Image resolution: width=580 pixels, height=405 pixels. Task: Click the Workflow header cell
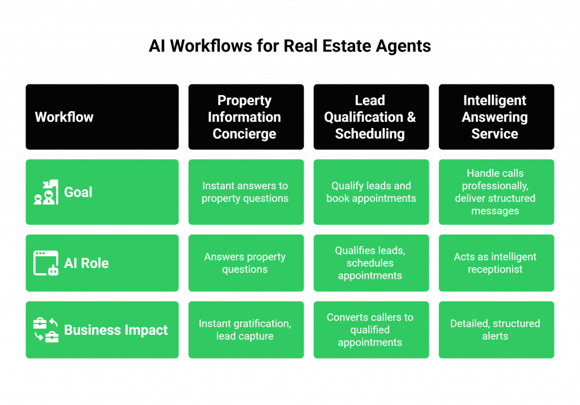tap(102, 117)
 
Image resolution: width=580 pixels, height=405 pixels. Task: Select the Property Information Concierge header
tap(245, 117)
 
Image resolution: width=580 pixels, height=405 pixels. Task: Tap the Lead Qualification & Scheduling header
tap(370, 117)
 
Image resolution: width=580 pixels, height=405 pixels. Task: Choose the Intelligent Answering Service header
tap(496, 117)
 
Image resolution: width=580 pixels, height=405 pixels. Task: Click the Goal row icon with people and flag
tap(46, 192)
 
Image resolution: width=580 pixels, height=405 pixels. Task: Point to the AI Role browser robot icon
tap(46, 263)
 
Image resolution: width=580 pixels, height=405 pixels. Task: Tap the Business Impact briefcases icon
tap(46, 330)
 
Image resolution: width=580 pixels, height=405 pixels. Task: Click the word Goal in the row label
tap(78, 192)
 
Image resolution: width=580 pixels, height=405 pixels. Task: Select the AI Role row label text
tap(86, 263)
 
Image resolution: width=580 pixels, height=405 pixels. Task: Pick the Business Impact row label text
tap(116, 330)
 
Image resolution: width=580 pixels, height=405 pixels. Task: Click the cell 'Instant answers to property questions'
tap(245, 192)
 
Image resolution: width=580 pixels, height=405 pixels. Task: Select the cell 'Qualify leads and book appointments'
tap(370, 192)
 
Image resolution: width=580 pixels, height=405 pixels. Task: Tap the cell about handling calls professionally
tap(496, 192)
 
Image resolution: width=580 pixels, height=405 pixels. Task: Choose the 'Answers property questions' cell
tap(245, 263)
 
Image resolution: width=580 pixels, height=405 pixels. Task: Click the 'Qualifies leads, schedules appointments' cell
tap(370, 263)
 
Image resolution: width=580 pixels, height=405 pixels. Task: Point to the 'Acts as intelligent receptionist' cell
tap(496, 263)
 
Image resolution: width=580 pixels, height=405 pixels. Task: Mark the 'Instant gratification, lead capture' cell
tap(245, 330)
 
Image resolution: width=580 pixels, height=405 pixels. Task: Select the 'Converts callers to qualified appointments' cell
tap(370, 330)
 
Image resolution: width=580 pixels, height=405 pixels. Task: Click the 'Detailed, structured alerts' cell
tap(496, 330)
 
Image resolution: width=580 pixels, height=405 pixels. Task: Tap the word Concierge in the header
tap(245, 134)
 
